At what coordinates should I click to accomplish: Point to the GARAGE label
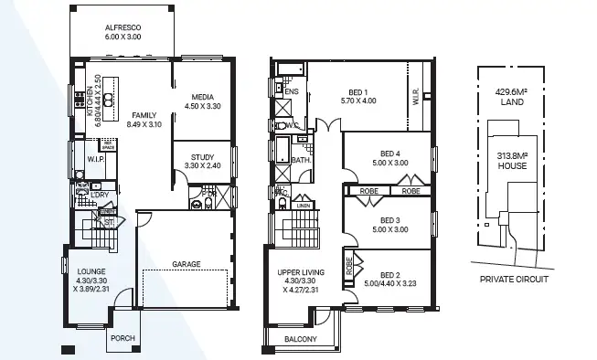coord(186,264)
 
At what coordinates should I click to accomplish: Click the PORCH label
coord(122,338)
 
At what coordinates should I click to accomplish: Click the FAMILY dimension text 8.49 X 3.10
coord(144,124)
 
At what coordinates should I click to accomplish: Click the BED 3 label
coord(390,220)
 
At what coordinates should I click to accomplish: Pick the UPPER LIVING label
coord(302,272)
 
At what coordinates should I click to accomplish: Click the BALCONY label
coord(300,340)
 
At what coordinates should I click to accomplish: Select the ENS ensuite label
coord(292,92)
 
